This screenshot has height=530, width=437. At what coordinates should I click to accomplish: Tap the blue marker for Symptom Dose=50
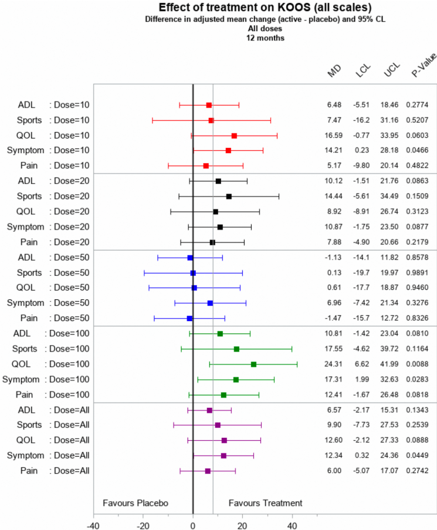[x=210, y=303]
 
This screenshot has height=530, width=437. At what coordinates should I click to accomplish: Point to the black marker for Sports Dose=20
[x=229, y=197]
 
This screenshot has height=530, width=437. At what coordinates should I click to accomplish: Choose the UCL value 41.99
[x=390, y=364]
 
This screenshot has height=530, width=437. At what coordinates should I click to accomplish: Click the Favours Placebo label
[x=135, y=503]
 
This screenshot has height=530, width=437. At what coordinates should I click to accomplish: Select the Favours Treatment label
[x=265, y=503]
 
